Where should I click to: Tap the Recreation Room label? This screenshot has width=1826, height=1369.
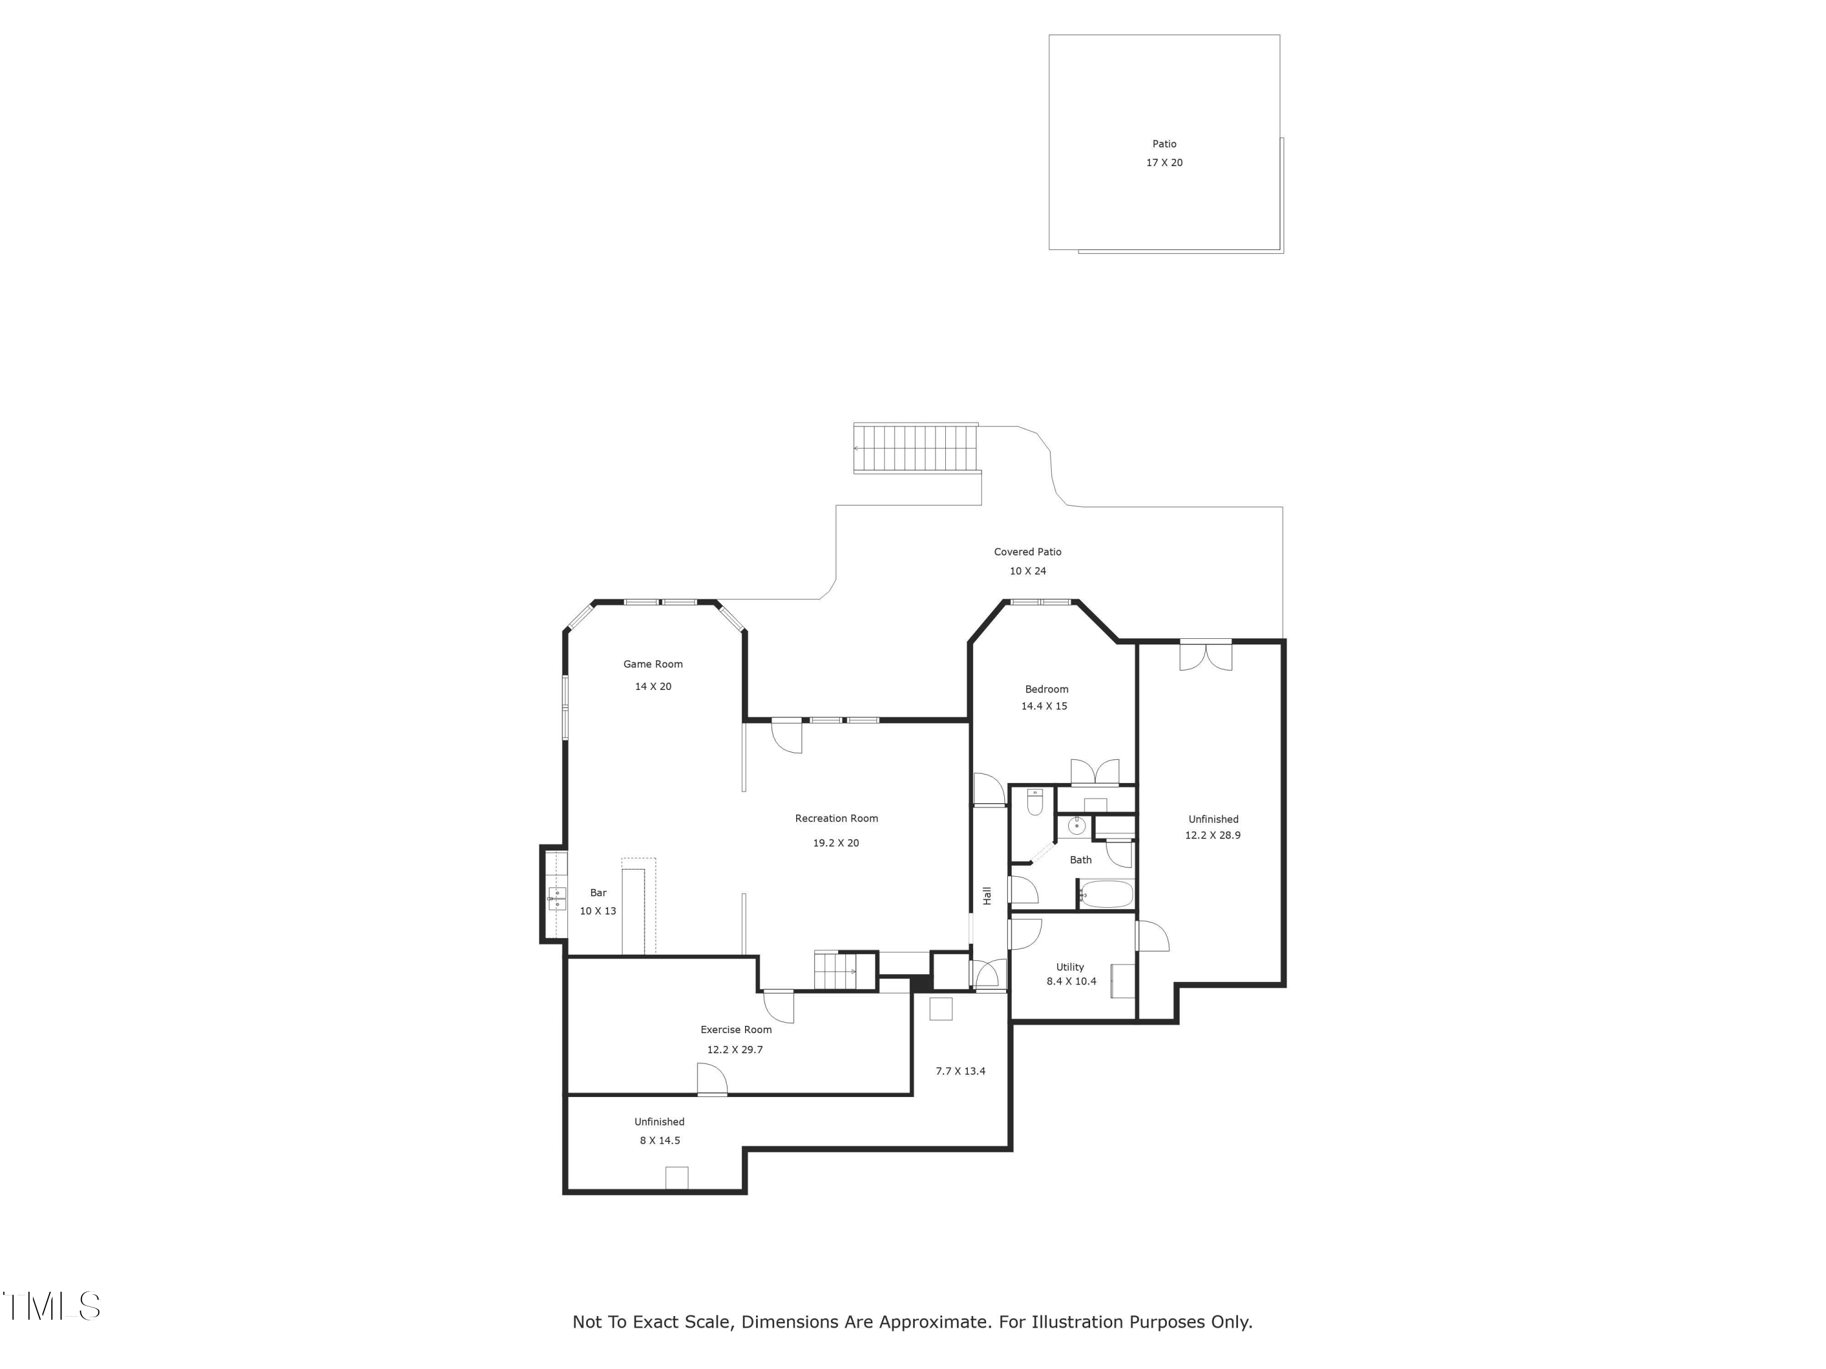coord(836,818)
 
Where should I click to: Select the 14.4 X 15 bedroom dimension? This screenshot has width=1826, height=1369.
coord(1044,706)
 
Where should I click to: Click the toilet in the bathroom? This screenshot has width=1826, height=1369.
coord(1034,801)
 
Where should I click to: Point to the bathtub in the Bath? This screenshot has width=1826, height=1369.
coord(1106,894)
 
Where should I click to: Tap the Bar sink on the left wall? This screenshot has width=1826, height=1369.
coord(557,899)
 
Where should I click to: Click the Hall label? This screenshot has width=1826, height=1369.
coord(987,896)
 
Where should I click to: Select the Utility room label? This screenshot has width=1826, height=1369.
coord(1070,967)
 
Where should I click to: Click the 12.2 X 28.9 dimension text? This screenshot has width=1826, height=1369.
coord(1212,835)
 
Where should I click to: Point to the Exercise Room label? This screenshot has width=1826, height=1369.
coord(735,1030)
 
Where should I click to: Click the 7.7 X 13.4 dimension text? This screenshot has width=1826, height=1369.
coord(960,1071)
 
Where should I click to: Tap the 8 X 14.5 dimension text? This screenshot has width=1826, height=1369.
coord(660,1140)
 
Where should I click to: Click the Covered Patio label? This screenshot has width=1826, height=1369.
coord(1028,552)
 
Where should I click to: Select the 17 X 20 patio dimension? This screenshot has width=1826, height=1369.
coord(1164,162)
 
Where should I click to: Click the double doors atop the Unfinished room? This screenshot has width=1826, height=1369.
coord(1205,655)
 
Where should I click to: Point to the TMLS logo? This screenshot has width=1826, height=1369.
coord(51,1306)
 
